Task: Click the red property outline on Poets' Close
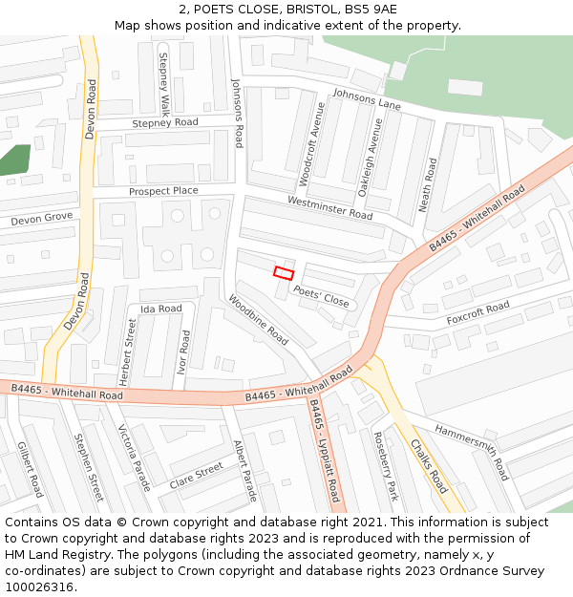tap(284, 272)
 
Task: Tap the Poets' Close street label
tap(322, 296)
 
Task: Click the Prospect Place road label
tap(163, 191)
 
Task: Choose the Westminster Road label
tap(329, 207)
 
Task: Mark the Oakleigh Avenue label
tap(370, 159)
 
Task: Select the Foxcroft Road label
tap(477, 313)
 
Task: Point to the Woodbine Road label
tap(258, 320)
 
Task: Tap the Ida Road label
tap(160, 309)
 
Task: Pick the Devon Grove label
tap(42, 220)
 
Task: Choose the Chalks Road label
tap(429, 466)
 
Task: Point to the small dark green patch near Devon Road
tap(14, 160)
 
